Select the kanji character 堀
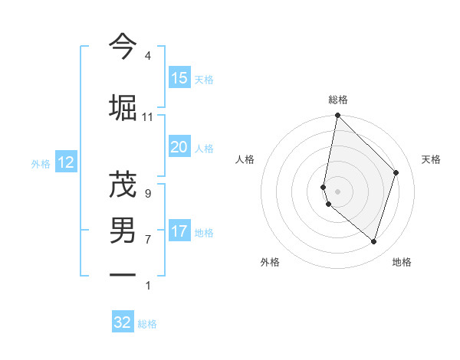tap(123, 107)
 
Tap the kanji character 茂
tap(123, 185)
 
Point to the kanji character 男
tap(123, 231)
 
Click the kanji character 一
tap(123, 274)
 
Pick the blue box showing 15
tap(179, 78)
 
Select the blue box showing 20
tap(179, 147)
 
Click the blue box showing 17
tap(179, 231)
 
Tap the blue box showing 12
tap(65, 162)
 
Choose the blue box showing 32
tap(123, 322)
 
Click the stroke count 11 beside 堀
tap(147, 117)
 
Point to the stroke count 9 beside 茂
tap(147, 194)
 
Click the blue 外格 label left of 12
tap(41, 163)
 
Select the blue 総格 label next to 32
tap(147, 324)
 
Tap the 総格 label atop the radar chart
tap(338, 100)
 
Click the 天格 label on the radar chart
tap(431, 159)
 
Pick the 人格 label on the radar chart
tap(245, 159)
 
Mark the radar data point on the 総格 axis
tap(337, 116)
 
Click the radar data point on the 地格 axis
tap(373, 241)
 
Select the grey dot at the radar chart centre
tap(337, 191)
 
